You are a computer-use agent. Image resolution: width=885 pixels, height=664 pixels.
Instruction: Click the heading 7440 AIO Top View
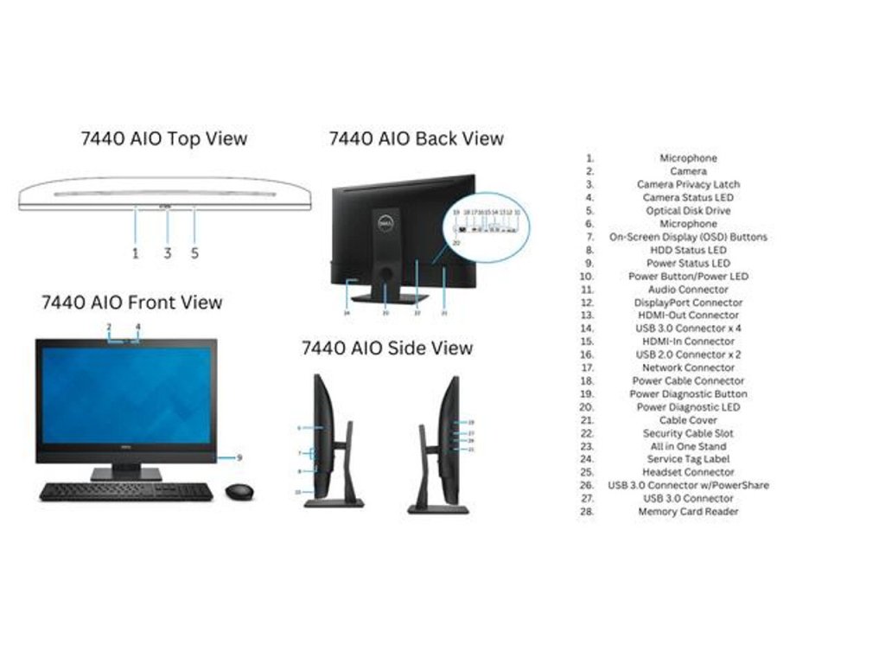pyautogui.click(x=163, y=138)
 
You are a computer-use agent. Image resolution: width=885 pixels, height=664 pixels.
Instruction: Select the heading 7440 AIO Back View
pyautogui.click(x=416, y=138)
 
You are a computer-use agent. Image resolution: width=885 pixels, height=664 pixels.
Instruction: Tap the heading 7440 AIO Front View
pyautogui.click(x=131, y=303)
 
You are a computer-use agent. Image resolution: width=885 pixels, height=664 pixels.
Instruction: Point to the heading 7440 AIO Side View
pyautogui.click(x=386, y=348)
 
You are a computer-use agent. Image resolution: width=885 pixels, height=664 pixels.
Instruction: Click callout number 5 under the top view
pyautogui.click(x=194, y=253)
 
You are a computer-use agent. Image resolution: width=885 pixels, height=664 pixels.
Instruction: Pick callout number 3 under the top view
pyautogui.click(x=168, y=253)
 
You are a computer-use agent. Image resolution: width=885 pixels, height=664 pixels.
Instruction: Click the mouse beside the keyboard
pyautogui.click(x=239, y=491)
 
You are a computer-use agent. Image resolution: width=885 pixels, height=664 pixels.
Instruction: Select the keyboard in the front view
pyautogui.click(x=126, y=491)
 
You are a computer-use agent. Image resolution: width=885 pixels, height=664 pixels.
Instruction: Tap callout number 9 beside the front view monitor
pyautogui.click(x=239, y=457)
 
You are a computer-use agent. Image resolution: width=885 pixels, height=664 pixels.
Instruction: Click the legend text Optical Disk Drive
pyautogui.click(x=688, y=211)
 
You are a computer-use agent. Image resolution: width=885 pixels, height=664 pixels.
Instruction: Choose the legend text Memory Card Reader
pyautogui.click(x=688, y=512)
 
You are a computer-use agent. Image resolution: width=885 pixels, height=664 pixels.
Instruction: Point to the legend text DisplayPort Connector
pyautogui.click(x=688, y=303)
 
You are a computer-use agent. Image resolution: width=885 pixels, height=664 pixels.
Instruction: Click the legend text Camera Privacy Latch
pyautogui.click(x=688, y=184)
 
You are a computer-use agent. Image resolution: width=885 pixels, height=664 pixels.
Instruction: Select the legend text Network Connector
pyautogui.click(x=688, y=367)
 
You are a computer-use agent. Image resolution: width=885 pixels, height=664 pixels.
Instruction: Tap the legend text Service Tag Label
pyautogui.click(x=688, y=459)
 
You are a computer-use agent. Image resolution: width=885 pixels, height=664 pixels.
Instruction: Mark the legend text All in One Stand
pyautogui.click(x=688, y=446)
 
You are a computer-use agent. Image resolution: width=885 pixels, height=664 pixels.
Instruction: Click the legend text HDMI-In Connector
pyautogui.click(x=688, y=342)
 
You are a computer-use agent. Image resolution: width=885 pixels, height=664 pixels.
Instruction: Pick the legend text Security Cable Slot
pyautogui.click(x=688, y=433)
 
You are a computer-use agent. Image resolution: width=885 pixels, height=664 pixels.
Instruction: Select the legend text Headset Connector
pyautogui.click(x=688, y=472)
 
